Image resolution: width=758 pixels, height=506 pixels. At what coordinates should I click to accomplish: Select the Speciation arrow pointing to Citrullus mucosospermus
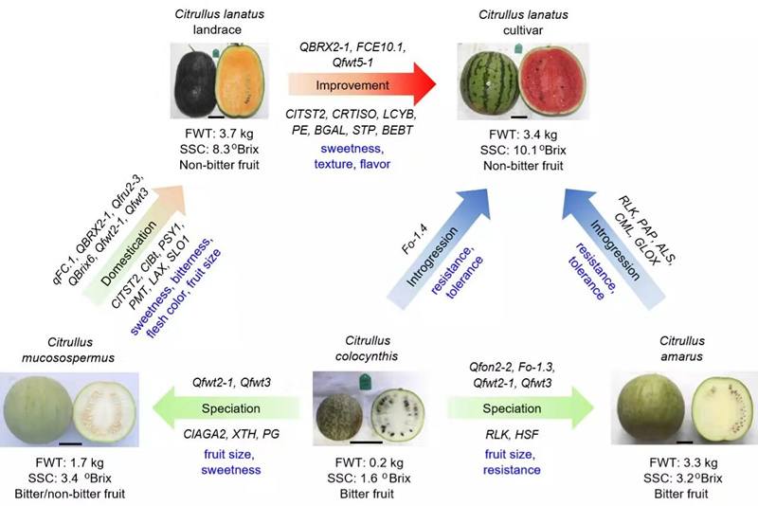click(226, 407)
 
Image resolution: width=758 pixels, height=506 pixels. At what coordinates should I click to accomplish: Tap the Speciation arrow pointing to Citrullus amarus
click(520, 407)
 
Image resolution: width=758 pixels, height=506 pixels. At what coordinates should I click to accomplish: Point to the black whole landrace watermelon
click(194, 81)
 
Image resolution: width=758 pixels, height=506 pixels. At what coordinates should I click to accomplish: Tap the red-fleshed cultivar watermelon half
click(552, 81)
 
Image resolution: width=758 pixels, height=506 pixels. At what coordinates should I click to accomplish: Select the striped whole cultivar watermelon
click(489, 82)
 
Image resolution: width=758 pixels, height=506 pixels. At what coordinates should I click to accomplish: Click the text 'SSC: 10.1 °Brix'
click(523, 151)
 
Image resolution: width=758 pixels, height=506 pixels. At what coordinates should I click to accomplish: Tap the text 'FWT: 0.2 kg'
click(370, 463)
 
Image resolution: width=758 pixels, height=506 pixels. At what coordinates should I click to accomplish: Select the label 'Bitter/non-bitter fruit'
click(70, 494)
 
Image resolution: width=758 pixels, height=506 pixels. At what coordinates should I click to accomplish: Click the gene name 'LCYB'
click(399, 115)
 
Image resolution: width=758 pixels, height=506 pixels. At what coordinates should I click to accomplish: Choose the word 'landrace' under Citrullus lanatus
click(217, 30)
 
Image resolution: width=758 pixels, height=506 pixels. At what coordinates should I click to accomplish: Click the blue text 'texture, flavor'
click(352, 164)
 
